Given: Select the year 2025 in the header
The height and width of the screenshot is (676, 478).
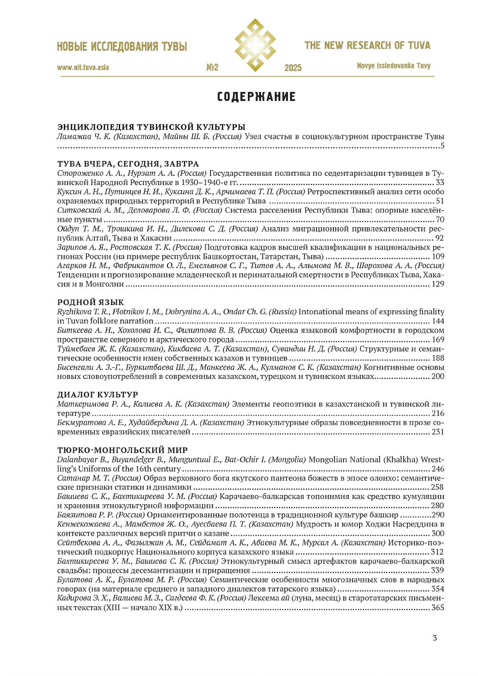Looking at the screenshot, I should [293, 68].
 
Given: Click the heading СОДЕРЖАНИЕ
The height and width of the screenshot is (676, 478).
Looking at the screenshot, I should [256, 97].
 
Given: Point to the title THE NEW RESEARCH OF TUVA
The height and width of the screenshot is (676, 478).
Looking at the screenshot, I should [367, 45].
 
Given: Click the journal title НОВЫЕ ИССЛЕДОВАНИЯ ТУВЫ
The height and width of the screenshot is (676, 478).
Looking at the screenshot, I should [122, 47].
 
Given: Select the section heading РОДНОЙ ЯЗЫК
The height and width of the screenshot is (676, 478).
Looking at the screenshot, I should [91, 302].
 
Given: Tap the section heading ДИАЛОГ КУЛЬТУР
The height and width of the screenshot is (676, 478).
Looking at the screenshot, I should [98, 395].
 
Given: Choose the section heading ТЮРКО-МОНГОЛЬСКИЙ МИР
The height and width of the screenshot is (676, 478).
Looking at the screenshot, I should [123, 450].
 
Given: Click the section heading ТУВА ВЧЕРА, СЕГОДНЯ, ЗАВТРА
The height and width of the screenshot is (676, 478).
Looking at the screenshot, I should [128, 164].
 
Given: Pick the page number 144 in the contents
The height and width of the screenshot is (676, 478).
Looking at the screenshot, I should [437, 321].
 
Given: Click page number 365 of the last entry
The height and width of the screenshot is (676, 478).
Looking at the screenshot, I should [437, 608].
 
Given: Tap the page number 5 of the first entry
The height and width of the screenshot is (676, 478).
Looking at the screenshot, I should [442, 146].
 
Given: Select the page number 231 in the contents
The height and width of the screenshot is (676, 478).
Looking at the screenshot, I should [437, 432].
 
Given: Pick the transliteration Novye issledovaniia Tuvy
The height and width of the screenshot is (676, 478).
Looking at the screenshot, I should [393, 66].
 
